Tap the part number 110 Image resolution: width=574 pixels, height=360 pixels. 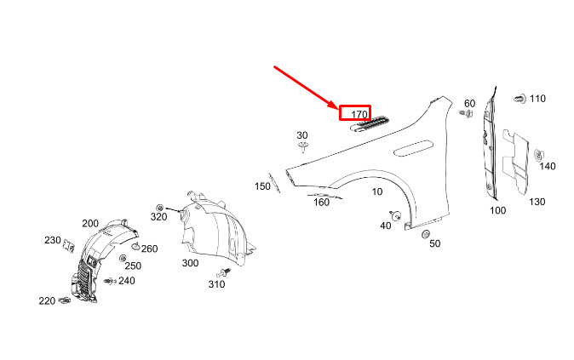point(537,99)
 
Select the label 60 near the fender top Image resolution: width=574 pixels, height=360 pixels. point(469,104)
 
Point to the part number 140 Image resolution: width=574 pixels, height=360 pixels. point(547,166)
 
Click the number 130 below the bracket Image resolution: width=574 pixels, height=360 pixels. point(537,202)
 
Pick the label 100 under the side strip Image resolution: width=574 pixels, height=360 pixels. point(497,209)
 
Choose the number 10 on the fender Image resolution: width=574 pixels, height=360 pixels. point(377,191)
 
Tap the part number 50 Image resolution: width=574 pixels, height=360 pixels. point(434,243)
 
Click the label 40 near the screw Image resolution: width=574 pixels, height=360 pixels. point(385,226)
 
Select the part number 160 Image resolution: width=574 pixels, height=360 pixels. point(321,202)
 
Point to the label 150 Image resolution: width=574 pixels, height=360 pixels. point(262,186)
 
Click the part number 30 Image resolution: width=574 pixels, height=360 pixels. point(302,135)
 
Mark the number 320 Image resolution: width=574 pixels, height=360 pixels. point(159,216)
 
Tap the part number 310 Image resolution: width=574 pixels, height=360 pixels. point(216,283)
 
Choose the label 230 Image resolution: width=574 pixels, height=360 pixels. point(53,240)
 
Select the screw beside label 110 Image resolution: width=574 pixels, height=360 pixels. point(518,100)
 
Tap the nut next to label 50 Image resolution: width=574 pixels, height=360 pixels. point(425,234)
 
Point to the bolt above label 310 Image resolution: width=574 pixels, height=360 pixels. point(225,271)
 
